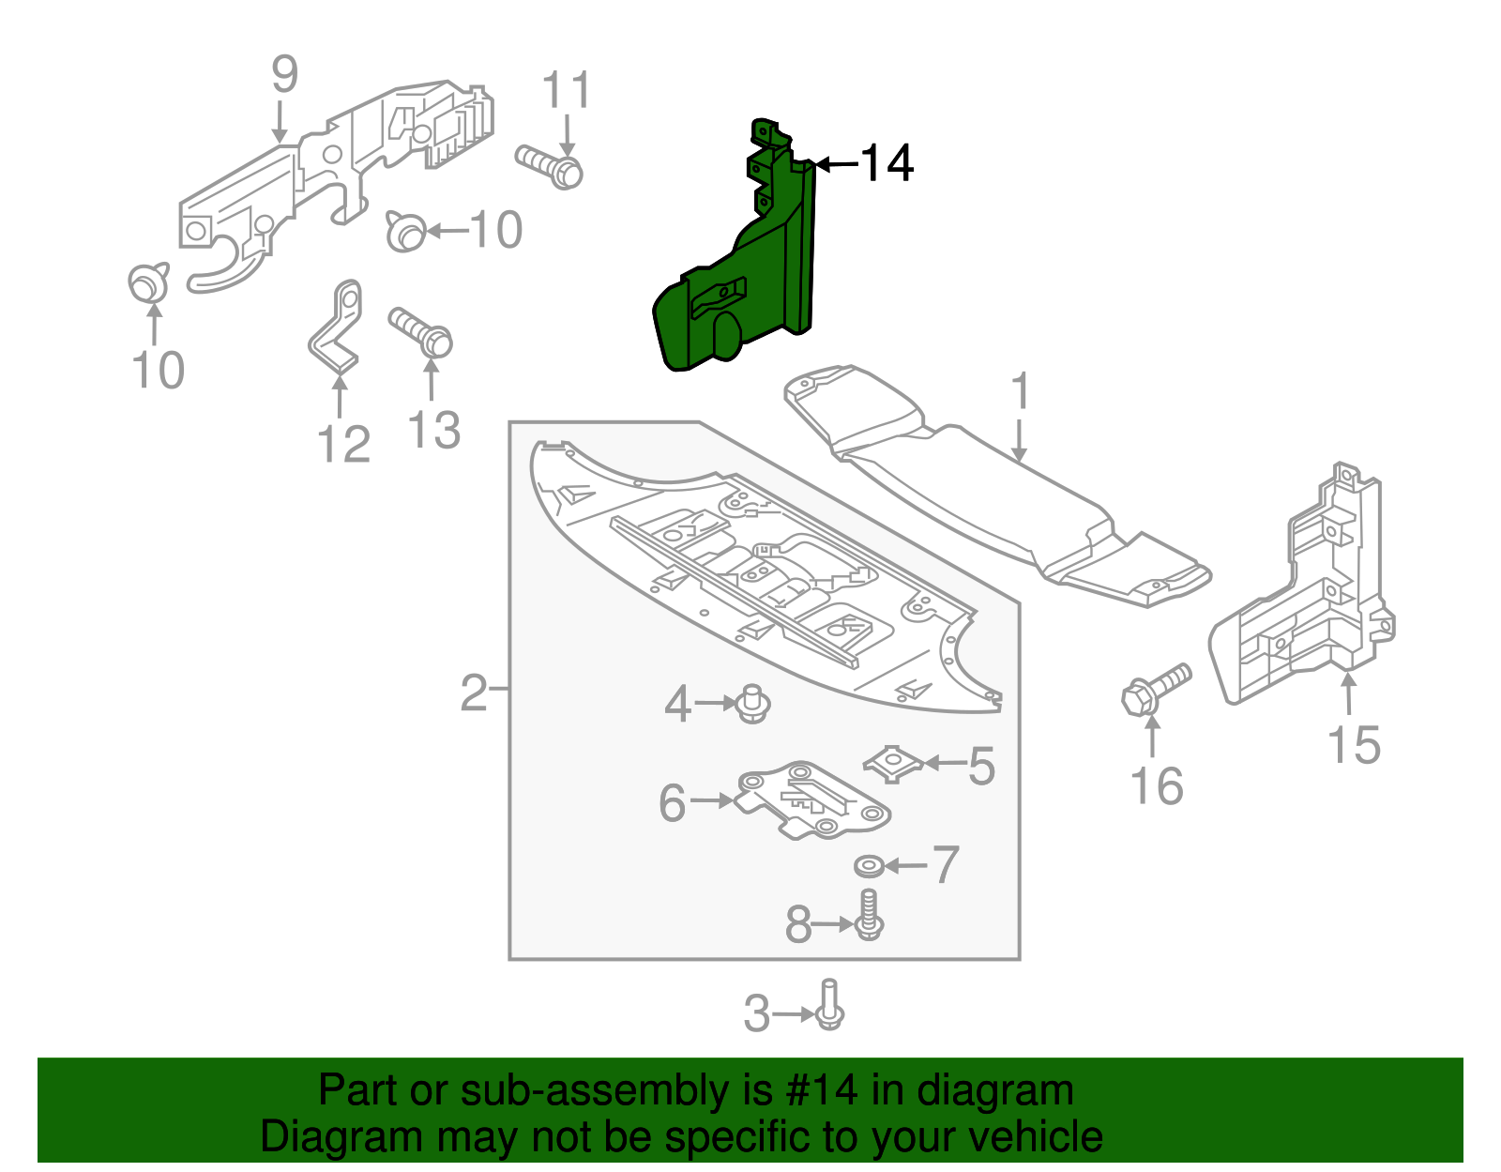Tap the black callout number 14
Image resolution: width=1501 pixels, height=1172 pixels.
887,163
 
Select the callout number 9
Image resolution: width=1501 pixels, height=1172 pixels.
284,74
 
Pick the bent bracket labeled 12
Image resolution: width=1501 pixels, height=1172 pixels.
337,327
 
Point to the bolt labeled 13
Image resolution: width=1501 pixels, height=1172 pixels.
421,331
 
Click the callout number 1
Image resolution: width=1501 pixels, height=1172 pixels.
1021,392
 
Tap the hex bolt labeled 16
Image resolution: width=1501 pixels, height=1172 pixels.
1156,689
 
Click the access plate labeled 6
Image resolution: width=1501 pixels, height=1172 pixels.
812,800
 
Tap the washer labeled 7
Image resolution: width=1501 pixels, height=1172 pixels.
869,865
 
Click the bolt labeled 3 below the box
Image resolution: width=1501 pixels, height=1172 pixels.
829,1006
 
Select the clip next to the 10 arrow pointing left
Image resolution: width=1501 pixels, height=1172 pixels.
405,231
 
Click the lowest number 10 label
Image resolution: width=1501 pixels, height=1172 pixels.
159,370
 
